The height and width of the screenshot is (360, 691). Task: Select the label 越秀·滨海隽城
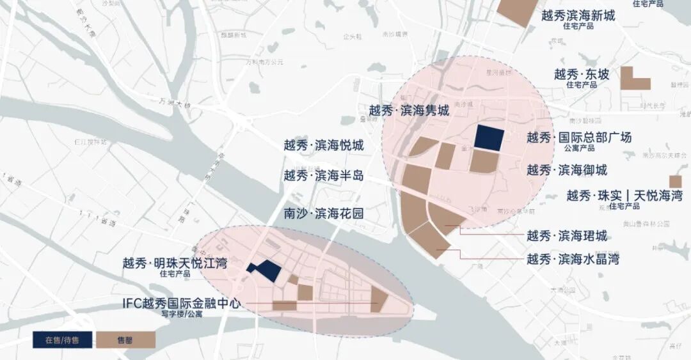[x=409, y=111]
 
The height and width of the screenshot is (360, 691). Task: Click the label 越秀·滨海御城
[x=567, y=170]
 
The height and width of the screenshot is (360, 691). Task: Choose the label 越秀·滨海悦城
[x=324, y=145]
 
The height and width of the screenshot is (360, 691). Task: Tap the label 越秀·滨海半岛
[x=324, y=175]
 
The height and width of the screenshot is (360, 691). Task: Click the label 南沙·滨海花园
[x=324, y=213]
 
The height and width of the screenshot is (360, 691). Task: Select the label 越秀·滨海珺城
[x=567, y=236]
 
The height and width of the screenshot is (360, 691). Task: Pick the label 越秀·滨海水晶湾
[x=573, y=259]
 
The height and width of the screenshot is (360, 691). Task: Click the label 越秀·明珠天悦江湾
[x=175, y=263]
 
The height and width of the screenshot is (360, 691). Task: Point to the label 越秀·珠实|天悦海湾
[x=624, y=196]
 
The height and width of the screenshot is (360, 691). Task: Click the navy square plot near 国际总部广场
[x=489, y=137]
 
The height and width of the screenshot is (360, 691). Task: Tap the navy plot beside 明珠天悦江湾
[x=265, y=271]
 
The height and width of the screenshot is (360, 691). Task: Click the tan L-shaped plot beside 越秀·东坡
[x=633, y=79]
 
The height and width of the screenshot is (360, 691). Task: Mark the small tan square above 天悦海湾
[x=675, y=182]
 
